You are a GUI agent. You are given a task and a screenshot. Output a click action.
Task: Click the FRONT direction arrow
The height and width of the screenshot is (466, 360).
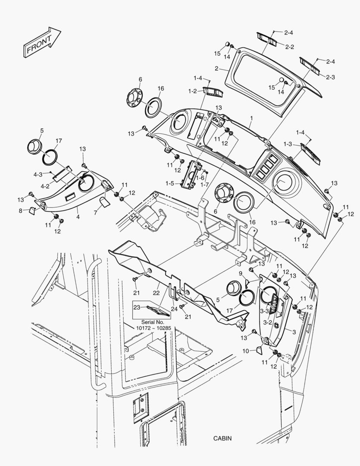point(41,42)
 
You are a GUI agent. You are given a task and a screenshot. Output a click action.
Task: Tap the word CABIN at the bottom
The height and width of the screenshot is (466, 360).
point(222,438)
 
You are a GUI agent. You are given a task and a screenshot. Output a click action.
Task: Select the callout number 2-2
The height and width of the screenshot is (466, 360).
point(289,47)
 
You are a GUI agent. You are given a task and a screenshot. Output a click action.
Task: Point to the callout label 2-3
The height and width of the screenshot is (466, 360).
point(331,77)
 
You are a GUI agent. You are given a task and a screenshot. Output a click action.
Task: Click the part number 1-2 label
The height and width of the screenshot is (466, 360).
point(192,91)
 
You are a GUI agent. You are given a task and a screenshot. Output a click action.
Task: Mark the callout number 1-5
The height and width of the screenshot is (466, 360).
point(170,183)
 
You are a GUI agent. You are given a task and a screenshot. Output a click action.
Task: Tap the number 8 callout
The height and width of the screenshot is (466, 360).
point(20,211)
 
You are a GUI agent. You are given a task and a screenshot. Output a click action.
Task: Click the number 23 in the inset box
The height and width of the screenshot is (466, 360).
point(137,308)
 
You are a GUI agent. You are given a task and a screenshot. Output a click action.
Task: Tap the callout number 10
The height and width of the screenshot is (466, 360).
point(245,351)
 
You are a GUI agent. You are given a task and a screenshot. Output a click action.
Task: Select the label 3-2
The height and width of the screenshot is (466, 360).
point(267,322)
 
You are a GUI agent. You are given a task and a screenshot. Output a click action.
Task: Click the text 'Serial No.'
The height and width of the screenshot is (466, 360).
point(153,322)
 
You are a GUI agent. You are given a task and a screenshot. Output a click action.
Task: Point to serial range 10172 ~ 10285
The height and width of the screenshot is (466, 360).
point(153,328)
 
